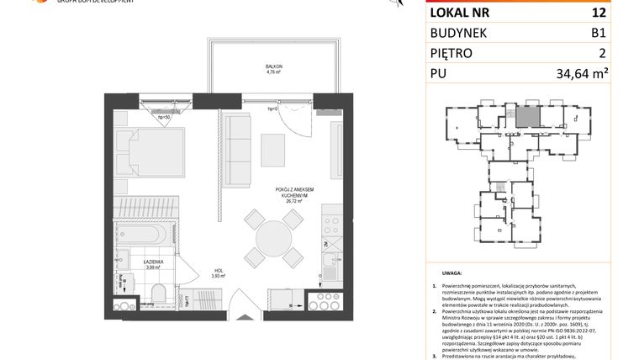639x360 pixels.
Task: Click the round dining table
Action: pos(273,237)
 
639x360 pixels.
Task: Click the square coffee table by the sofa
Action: pos(273,150)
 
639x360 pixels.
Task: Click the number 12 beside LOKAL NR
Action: pos(598,12)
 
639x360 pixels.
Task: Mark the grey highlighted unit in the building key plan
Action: pos(525,117)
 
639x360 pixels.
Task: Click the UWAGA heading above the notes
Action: pos(452,274)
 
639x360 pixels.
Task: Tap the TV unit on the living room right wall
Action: pos(336,145)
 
